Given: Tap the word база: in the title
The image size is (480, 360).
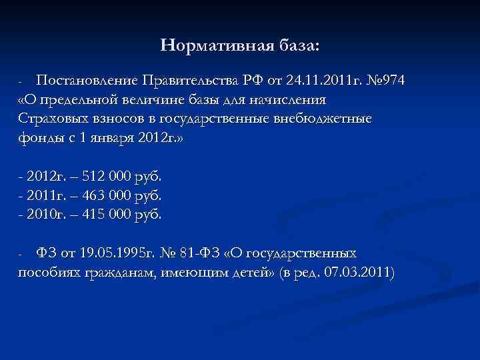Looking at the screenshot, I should [297, 45].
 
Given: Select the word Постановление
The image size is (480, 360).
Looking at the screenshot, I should [87, 81].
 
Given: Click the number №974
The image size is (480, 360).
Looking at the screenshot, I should [385, 81].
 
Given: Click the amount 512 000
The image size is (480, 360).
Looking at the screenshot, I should [101, 177].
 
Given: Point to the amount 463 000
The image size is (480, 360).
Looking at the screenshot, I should [101, 197].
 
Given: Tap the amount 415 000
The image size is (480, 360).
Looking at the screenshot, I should [101, 215].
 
